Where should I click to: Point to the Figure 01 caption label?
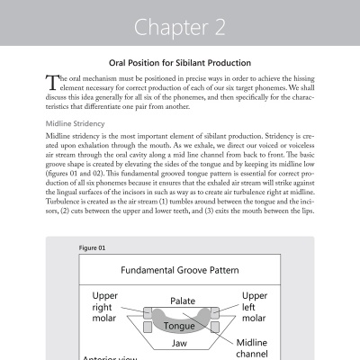[93, 247]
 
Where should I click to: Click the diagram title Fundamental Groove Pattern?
[179, 270]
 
